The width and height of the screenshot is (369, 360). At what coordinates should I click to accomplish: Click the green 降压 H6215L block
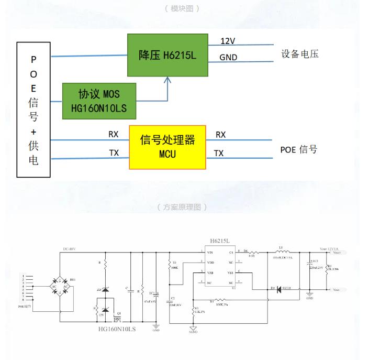pos(167,55)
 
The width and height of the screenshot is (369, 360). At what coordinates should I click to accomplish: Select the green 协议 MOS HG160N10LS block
pos(99,101)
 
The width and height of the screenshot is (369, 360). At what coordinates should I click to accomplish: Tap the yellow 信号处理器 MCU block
pos(167,147)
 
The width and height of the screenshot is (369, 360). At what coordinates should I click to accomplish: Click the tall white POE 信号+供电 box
pos(33,110)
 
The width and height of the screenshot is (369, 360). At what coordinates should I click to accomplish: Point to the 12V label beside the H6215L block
pos(228,41)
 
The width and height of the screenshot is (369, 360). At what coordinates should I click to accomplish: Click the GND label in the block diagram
pos(228,57)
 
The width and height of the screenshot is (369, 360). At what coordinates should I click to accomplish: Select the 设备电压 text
pos(300,54)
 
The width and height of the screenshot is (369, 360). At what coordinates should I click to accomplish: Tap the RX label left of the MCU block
pos(114,135)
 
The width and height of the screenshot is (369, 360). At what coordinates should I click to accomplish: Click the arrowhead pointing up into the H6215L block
pos(167,80)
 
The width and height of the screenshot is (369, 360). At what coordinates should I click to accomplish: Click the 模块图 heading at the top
pos(182,8)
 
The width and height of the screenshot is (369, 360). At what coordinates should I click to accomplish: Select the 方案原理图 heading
pos(182,207)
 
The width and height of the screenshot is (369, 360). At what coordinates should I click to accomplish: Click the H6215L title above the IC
pos(220,241)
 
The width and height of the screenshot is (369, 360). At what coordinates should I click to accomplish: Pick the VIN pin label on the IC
pos(203,252)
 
